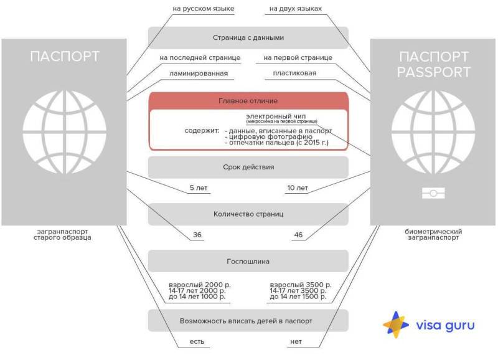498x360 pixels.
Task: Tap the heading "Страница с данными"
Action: click(x=248, y=37)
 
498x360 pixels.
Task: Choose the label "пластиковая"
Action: click(x=294, y=73)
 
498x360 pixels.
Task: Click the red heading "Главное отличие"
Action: click(x=248, y=100)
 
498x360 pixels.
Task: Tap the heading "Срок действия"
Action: click(x=248, y=167)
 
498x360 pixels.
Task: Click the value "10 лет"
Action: click(x=297, y=188)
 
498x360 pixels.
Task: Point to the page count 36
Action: click(x=197, y=235)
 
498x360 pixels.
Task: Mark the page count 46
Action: click(x=298, y=235)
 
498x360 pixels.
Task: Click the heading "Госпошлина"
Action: click(x=248, y=261)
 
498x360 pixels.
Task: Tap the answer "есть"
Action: click(x=197, y=342)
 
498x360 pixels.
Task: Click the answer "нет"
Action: click(x=296, y=342)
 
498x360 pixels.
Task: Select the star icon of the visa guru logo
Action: click(x=395, y=324)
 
